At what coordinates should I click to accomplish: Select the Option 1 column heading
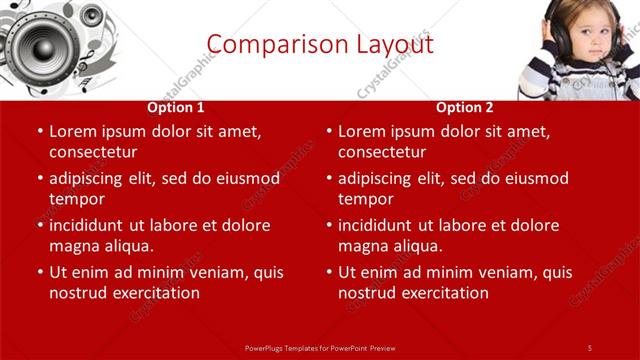pos(176,107)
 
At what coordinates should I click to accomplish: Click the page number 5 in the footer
pos(589,347)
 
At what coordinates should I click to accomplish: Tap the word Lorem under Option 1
pos(73,130)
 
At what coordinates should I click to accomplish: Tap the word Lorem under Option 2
pos(362,130)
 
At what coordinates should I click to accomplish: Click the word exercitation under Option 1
pos(156,293)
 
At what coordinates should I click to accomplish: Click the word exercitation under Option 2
pos(445,293)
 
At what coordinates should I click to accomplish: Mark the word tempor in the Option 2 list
pos(365,199)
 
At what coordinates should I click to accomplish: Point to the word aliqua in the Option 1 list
pos(127,246)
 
